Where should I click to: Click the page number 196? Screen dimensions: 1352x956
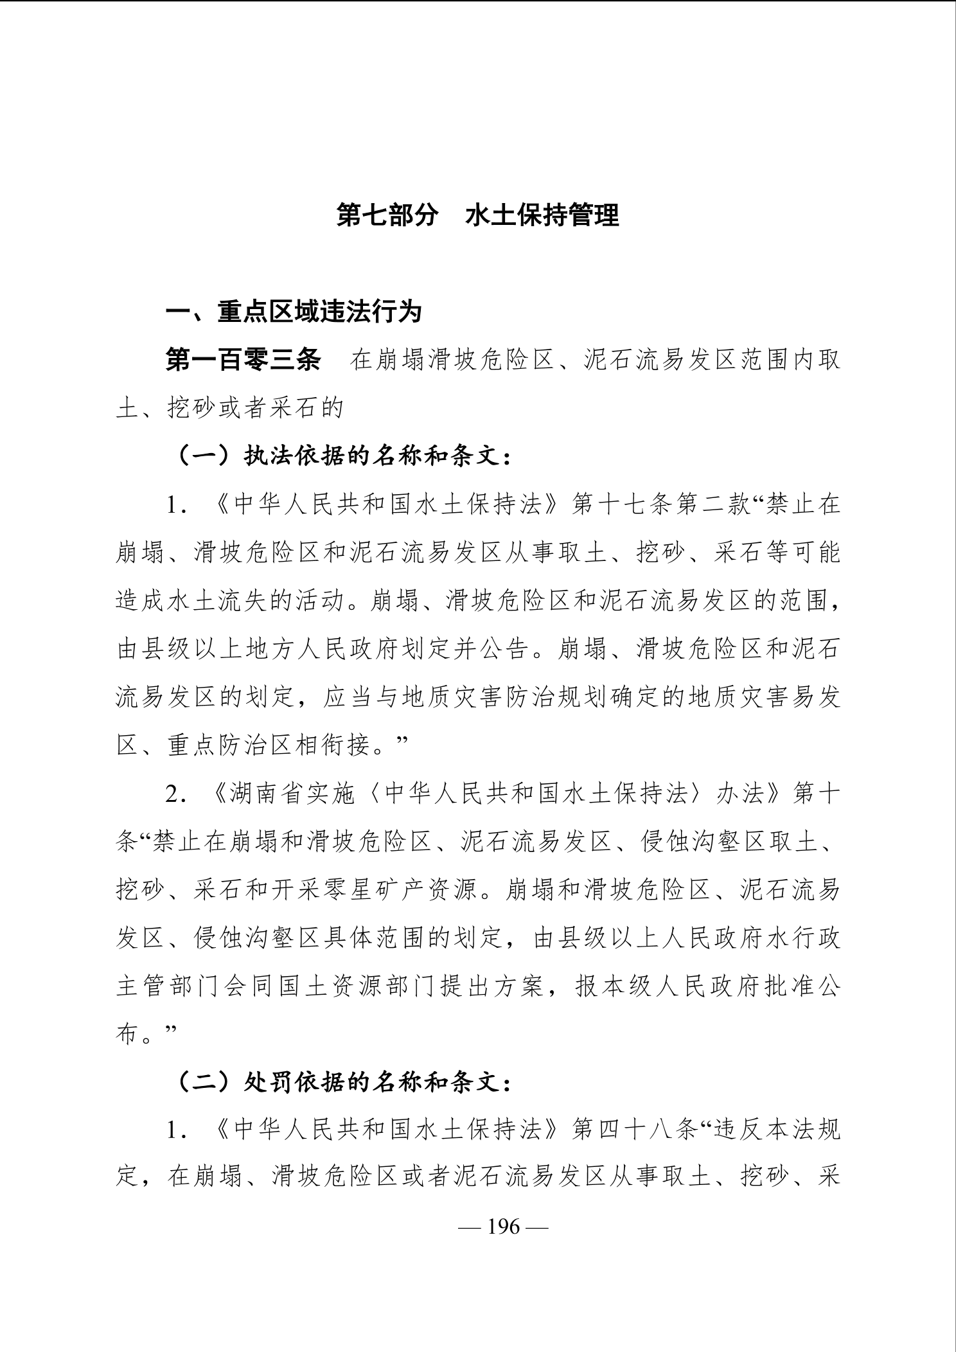pyautogui.click(x=503, y=1226)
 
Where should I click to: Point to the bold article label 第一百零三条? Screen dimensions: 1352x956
pyautogui.click(x=243, y=360)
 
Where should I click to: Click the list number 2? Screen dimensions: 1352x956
pyautogui.click(x=172, y=795)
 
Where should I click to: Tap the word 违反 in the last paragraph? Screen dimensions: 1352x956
pyautogui.click(x=730, y=1131)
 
